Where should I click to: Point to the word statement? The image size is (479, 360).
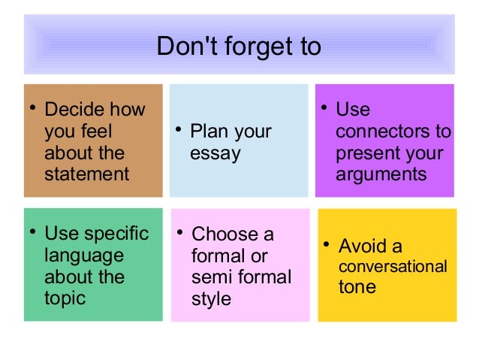point(86,174)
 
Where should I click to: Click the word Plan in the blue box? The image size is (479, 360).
point(208,132)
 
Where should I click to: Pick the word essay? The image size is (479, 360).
point(215,154)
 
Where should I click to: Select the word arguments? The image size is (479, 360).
point(381,175)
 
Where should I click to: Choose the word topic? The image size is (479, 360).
point(65,298)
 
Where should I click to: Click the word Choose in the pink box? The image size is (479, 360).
point(223,234)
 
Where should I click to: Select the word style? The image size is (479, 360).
point(212,299)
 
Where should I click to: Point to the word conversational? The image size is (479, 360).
point(393,267)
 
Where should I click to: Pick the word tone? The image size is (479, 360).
point(357,287)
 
